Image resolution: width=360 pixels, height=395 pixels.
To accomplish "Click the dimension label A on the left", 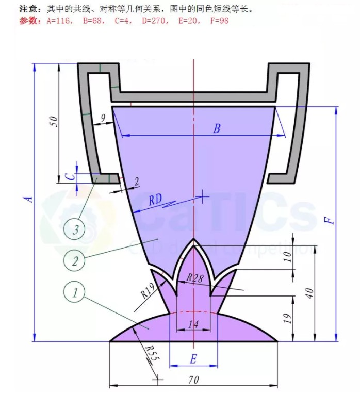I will click(x=30, y=197).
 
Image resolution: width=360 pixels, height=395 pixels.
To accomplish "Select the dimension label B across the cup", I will click(x=217, y=128).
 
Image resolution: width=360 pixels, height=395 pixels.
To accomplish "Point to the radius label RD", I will click(x=156, y=200).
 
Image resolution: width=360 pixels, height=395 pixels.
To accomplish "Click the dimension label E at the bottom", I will click(x=193, y=358).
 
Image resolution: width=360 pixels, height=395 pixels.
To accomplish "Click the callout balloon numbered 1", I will click(x=75, y=293).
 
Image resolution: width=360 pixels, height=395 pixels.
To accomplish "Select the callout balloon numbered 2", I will click(x=75, y=261).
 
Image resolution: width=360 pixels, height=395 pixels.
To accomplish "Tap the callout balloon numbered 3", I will click(x=75, y=229).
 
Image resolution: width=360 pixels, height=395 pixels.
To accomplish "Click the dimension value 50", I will click(x=53, y=121).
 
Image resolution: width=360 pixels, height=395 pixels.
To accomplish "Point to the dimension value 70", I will click(x=193, y=380).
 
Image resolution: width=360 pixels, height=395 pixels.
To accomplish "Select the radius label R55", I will click(x=150, y=354).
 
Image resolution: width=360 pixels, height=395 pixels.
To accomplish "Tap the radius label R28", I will click(x=195, y=278).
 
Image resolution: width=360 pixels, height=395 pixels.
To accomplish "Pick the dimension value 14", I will click(x=193, y=324).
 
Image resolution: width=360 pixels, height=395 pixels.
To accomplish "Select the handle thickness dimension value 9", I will click(x=103, y=119).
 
